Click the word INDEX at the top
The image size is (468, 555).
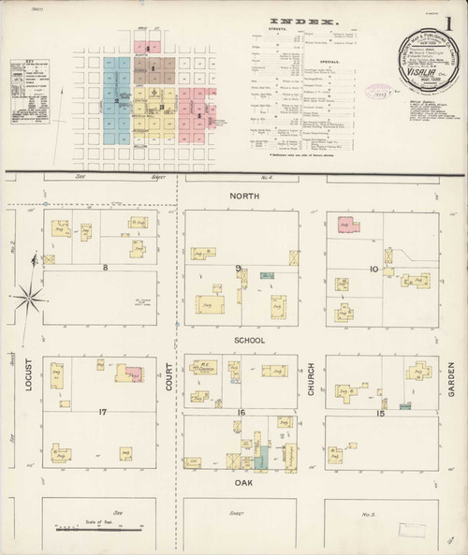(301, 20)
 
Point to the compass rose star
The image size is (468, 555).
(30, 298)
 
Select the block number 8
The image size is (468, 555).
(105, 268)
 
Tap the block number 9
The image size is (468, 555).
(240, 268)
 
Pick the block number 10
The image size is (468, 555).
(373, 270)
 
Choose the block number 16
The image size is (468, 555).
(241, 412)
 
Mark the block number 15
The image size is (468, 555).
(380, 413)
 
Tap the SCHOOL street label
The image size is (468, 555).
(250, 340)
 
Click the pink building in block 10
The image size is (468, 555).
(348, 225)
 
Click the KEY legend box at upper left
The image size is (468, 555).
(30, 93)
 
